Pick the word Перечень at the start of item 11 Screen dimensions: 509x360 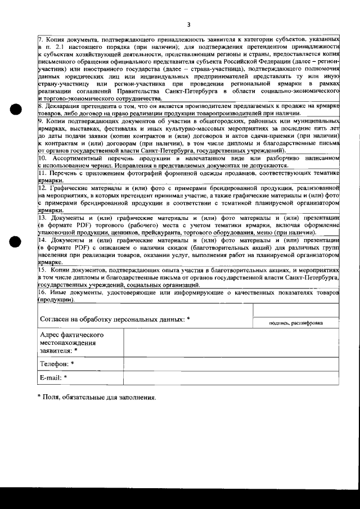click(67, 174)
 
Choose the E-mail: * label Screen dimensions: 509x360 click(54, 377)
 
